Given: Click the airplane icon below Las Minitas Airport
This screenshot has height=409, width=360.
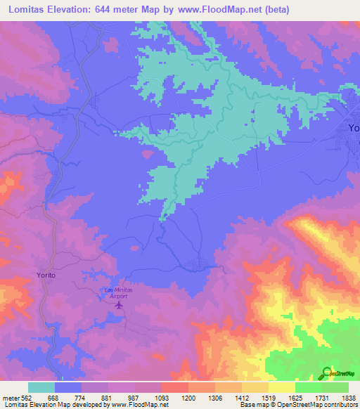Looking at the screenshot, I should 119,305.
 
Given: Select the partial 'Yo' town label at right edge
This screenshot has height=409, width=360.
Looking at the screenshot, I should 354,128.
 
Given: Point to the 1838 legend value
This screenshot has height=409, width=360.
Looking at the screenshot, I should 349,397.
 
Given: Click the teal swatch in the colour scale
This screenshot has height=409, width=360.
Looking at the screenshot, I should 41,387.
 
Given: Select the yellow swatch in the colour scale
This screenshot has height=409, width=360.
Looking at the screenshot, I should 282,387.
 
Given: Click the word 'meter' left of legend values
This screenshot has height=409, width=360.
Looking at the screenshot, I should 9,397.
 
